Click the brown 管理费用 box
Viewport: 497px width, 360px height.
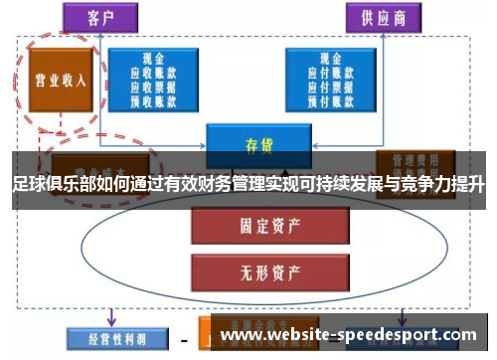pyautogui.click(x=415, y=159)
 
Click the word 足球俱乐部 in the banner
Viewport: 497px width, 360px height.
pyautogui.click(x=51, y=185)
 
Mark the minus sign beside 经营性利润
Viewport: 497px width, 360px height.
pyautogui.click(x=184, y=339)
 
